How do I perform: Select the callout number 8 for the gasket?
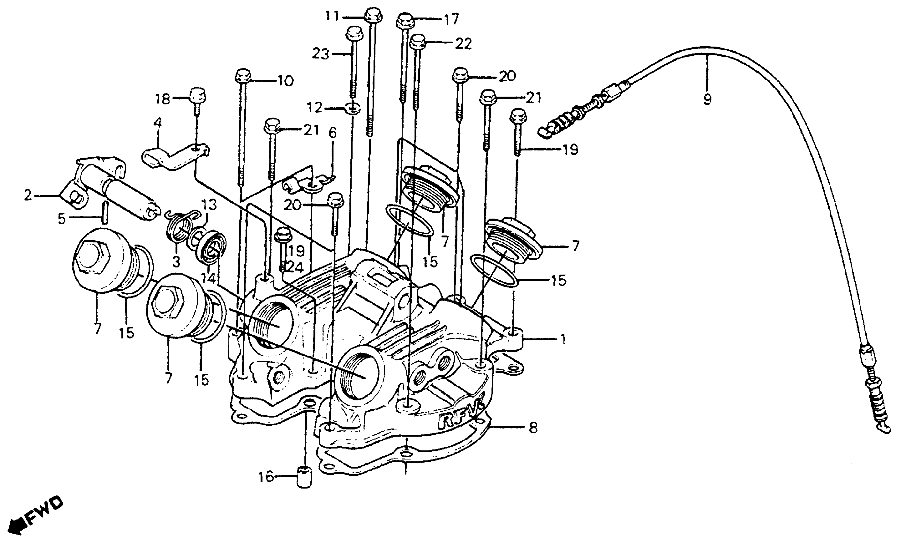[533, 427]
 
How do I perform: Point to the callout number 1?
[563, 340]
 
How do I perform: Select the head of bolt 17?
[405, 20]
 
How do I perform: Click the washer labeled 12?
[353, 109]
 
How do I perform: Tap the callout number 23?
[320, 55]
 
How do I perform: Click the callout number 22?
[463, 44]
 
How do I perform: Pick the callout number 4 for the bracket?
[158, 123]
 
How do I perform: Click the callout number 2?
[28, 196]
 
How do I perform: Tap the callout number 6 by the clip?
[332, 134]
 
